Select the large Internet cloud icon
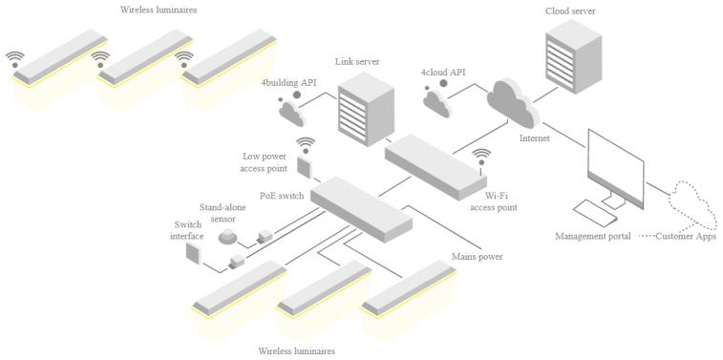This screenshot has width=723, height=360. pyautogui.click(x=513, y=104)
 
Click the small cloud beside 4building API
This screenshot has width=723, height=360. pyautogui.click(x=291, y=112)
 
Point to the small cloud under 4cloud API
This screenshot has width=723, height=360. pyautogui.click(x=437, y=102)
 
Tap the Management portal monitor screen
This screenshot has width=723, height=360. pyautogui.click(x=616, y=167)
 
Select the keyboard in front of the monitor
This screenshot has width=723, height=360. pyautogui.click(x=594, y=213)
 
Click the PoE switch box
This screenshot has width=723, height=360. pyautogui.click(x=361, y=208)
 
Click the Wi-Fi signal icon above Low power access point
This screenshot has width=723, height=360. pyautogui.click(x=306, y=144)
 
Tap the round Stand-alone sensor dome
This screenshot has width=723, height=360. pyautogui.click(x=227, y=236)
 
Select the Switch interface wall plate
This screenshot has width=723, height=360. pyautogui.click(x=193, y=254)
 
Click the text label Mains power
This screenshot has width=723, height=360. pyautogui.click(x=477, y=257)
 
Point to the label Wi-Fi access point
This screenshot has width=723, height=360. pyautogui.click(x=494, y=201)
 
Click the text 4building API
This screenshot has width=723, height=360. pyautogui.click(x=288, y=83)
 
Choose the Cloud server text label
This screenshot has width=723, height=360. pyautogui.click(x=570, y=11)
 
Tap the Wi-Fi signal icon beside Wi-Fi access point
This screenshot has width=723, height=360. pyautogui.click(x=482, y=157)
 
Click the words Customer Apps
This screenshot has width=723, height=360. pyautogui.click(x=686, y=237)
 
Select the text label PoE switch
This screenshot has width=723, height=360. pyautogui.click(x=282, y=196)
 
